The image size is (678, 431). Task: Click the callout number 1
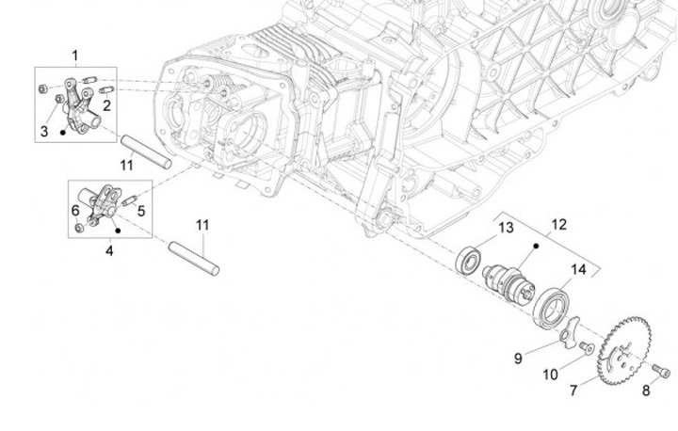point(75,56)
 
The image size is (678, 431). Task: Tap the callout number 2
point(106,105)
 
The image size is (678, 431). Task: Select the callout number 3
point(43,131)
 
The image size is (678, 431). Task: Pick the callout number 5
point(141,211)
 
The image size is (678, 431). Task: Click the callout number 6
point(75,210)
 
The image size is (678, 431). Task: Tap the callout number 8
point(646,391)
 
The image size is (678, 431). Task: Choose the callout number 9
point(517,358)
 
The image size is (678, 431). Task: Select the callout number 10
point(549,375)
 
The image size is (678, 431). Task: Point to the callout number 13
point(506,228)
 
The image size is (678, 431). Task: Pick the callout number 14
point(578,269)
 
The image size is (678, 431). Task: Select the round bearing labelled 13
point(470,258)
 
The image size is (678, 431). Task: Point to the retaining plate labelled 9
point(566,332)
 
